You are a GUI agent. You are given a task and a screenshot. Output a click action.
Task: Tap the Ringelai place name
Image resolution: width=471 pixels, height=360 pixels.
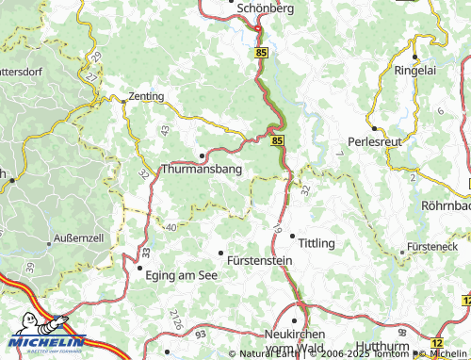(419, 71)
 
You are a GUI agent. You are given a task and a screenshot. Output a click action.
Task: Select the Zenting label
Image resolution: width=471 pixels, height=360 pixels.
(145, 96)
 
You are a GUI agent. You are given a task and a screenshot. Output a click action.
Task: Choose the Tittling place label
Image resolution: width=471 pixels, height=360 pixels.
(316, 243)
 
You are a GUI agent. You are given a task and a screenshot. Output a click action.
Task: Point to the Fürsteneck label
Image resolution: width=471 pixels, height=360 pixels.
(432, 246)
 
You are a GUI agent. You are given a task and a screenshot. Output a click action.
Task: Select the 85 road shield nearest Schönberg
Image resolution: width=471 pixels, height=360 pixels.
(260, 55)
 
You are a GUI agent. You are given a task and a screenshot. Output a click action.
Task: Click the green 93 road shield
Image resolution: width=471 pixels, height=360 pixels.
(200, 335)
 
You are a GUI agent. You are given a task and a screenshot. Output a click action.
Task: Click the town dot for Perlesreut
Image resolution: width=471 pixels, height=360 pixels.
(374, 128)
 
